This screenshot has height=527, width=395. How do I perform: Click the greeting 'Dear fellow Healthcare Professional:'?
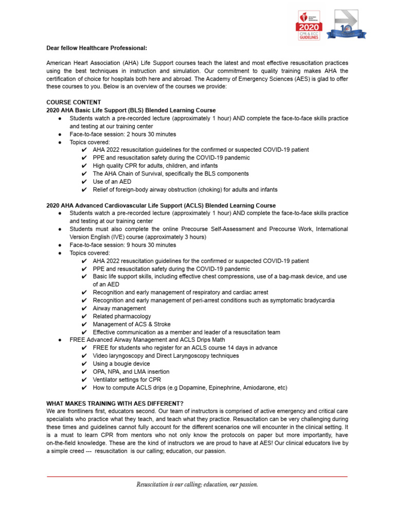(x=96, y=48)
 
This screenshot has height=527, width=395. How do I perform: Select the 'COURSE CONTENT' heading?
(x=74, y=102)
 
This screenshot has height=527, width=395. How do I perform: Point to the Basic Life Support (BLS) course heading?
(x=131, y=111)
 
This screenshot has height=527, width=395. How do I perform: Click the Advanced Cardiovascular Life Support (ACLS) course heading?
(x=160, y=205)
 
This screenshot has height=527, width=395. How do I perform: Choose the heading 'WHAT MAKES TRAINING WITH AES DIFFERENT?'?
(x=115, y=402)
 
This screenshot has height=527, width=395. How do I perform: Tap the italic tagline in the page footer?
(x=197, y=484)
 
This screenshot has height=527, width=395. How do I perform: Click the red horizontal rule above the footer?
(x=197, y=477)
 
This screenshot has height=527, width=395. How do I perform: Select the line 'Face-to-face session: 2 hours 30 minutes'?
(x=122, y=134)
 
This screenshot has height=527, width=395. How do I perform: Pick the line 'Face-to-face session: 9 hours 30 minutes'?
(x=122, y=245)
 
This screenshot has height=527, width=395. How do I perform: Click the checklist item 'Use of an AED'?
(x=112, y=182)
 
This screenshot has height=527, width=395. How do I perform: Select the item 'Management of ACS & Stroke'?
(x=131, y=324)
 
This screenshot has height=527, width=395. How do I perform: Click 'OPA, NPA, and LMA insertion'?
(x=131, y=372)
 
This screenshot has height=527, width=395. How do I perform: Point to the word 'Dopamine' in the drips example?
(x=199, y=388)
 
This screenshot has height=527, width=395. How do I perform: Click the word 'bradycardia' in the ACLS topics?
(x=318, y=301)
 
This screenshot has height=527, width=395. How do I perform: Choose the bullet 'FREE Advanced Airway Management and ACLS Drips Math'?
(x=147, y=340)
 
